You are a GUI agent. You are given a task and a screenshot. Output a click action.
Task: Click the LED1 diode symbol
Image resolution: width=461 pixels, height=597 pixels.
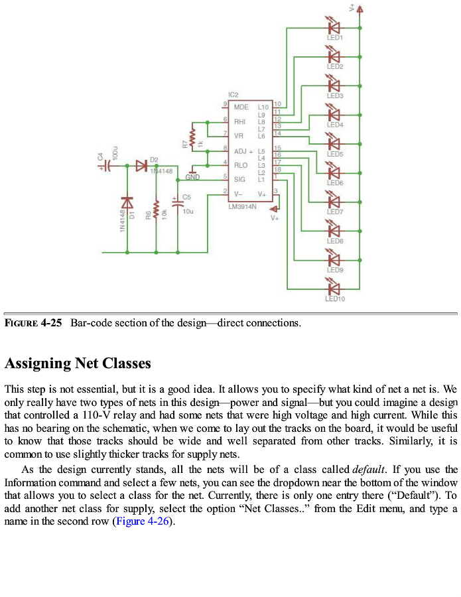(x=334, y=27)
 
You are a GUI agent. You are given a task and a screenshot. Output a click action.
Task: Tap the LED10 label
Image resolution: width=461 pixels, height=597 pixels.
(x=334, y=299)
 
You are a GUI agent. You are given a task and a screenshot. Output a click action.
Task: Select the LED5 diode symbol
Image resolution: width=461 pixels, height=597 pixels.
(x=334, y=143)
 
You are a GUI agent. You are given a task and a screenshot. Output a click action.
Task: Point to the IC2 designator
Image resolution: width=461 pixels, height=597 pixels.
(x=232, y=96)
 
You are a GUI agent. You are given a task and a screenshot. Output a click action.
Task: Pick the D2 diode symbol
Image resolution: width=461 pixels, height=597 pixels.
(x=141, y=166)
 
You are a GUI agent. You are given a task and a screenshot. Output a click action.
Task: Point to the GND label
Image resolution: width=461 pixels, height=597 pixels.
(x=192, y=177)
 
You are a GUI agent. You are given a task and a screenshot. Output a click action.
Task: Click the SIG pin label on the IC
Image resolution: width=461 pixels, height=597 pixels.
(x=239, y=179)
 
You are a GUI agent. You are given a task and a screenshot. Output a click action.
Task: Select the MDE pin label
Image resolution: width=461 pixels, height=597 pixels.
(x=241, y=106)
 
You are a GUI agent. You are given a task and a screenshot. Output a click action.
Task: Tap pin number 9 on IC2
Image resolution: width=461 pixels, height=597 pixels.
(x=225, y=103)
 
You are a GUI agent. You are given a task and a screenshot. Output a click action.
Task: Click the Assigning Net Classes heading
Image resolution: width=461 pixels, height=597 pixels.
(x=78, y=364)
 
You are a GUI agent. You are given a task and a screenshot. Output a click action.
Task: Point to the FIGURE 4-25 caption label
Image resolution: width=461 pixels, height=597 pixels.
(x=33, y=323)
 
